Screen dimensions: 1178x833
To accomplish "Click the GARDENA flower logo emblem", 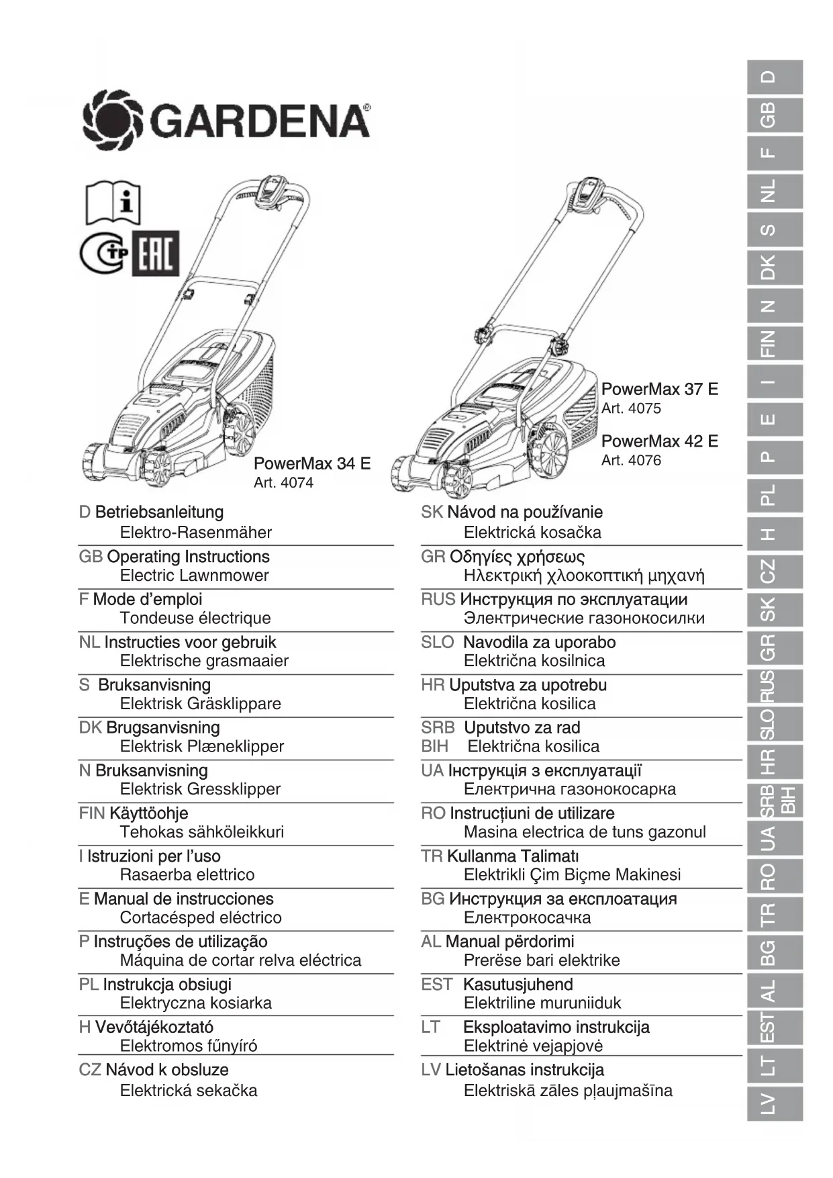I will tap(112, 122).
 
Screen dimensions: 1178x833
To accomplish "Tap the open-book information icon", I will tap(112, 202).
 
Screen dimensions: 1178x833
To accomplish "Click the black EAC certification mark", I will tap(156, 254).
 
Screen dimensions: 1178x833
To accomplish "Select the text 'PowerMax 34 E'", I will tap(311, 463).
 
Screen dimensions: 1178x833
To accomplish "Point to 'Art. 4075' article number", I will tap(631, 408).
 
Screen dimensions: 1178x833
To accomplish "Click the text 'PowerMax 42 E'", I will tap(659, 441).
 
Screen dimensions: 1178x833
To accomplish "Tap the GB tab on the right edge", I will tap(774, 115).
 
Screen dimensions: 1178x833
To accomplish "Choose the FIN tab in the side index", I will tap(774, 344).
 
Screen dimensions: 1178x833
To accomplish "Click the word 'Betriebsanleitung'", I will tap(159, 512).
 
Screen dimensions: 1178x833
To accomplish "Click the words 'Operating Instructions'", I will tap(188, 556).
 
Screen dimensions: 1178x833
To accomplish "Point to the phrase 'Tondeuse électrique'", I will tap(195, 618).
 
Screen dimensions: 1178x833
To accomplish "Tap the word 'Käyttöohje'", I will tap(148, 813).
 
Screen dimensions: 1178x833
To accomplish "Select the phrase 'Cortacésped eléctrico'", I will tap(201, 917).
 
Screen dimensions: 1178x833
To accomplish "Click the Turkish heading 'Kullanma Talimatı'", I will tap(512, 856).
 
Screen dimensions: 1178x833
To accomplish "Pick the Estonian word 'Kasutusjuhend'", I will tap(518, 985).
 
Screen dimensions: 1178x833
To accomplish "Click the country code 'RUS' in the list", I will tap(438, 599).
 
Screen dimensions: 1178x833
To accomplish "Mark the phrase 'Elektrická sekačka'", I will tap(189, 1090).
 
